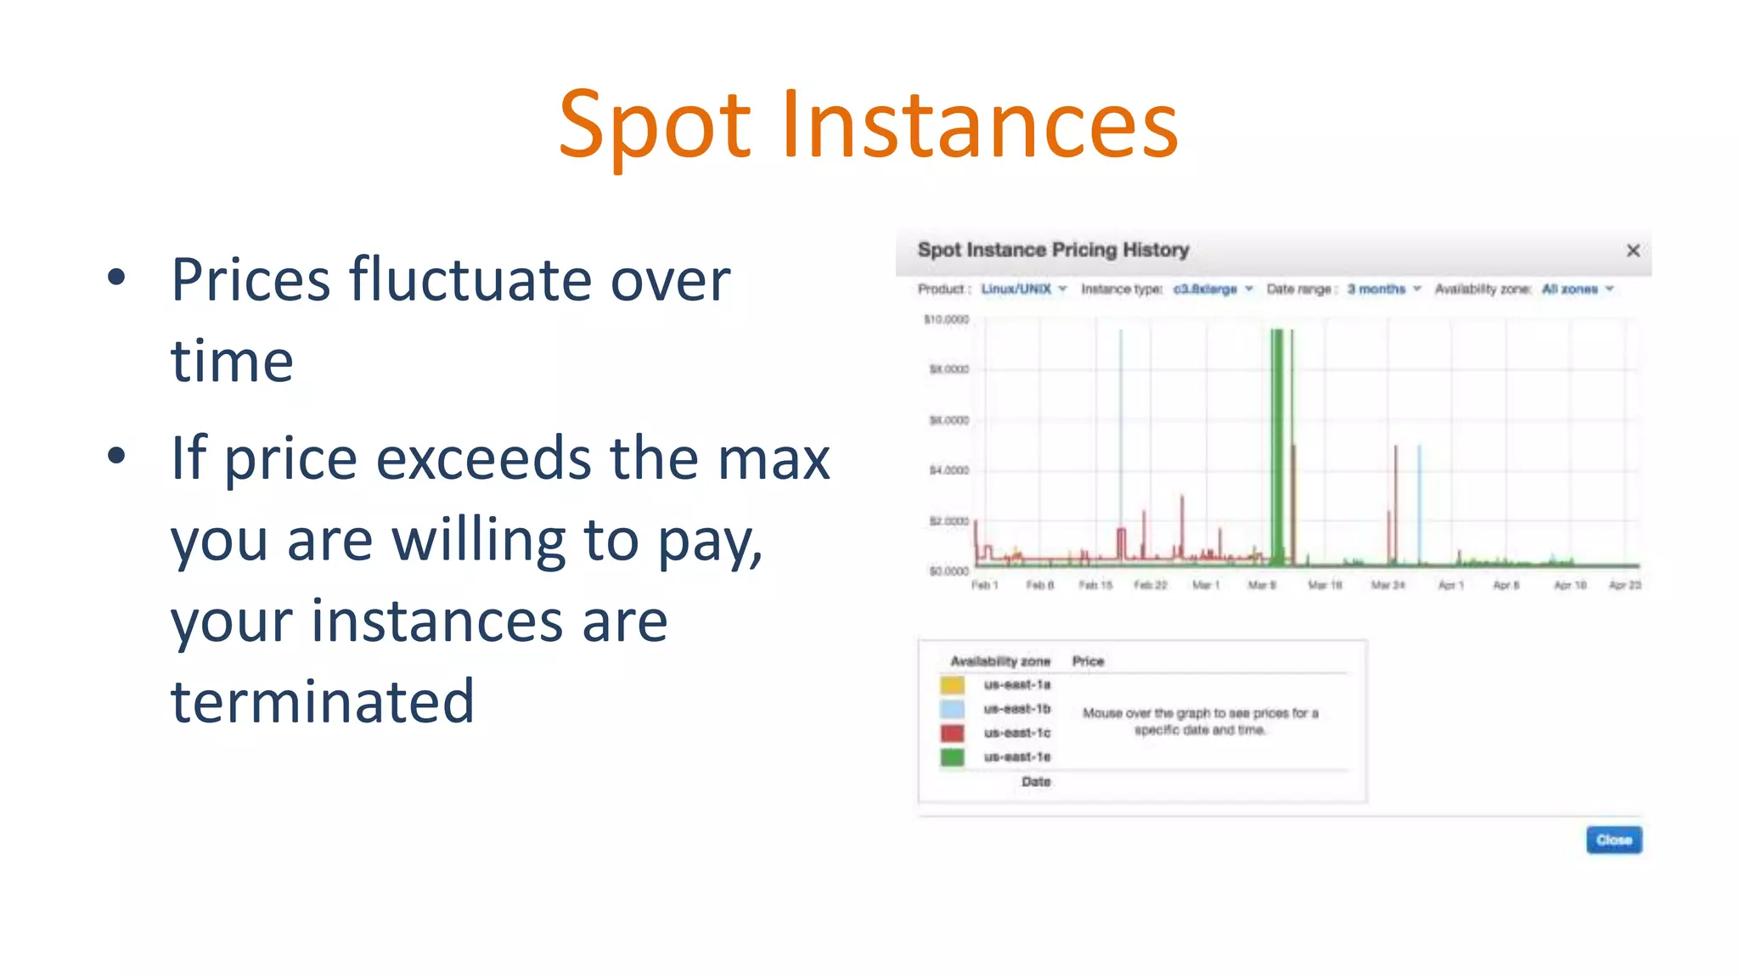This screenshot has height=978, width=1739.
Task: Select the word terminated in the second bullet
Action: [323, 702]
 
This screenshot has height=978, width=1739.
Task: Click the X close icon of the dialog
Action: [1632, 250]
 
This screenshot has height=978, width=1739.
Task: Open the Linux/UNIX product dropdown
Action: [1023, 289]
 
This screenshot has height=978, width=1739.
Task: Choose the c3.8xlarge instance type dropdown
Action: [1213, 289]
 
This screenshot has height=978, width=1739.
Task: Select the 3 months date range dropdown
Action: [1383, 289]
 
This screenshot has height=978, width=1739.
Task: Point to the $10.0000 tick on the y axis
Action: [946, 320]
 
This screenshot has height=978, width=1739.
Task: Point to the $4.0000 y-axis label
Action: [948, 470]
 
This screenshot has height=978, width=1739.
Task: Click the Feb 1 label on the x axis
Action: [984, 586]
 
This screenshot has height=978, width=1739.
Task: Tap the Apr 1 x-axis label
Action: [1450, 586]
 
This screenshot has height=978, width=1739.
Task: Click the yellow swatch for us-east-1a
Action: [952, 685]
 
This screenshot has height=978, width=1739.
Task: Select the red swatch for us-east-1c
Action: [952, 733]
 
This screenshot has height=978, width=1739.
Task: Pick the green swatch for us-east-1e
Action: [952, 756]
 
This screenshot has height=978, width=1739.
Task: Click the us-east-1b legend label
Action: [1016, 709]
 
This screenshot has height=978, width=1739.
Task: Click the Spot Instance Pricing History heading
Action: [1053, 250]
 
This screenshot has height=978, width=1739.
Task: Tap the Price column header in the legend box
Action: [1088, 661]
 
